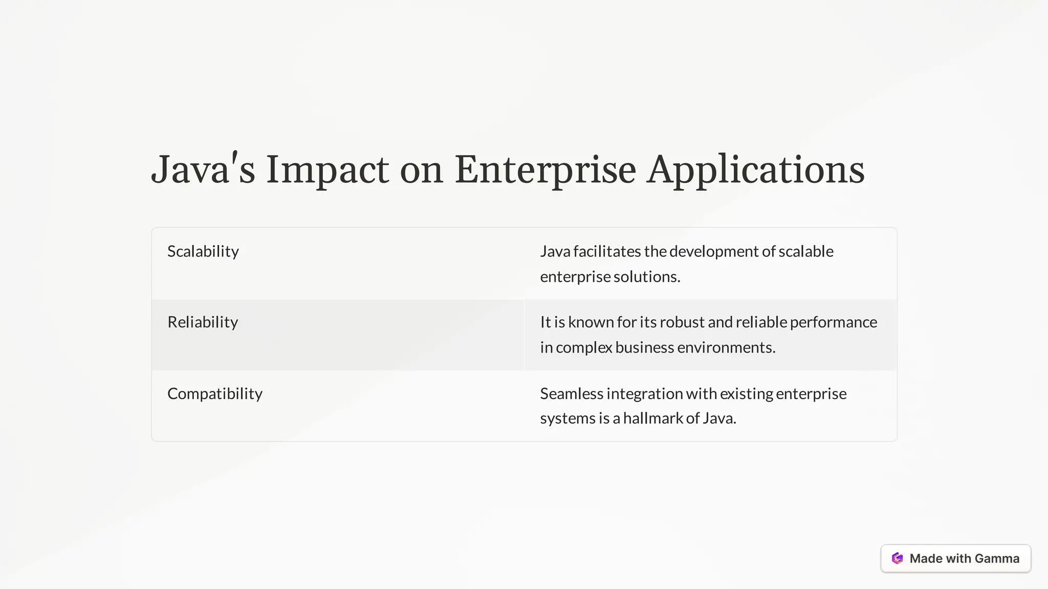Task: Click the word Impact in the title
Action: click(327, 170)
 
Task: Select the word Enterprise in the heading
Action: click(545, 170)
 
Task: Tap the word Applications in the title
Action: click(755, 170)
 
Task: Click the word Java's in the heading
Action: click(203, 170)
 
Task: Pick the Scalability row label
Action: click(203, 251)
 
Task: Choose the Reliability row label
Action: click(203, 322)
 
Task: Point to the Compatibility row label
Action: click(215, 394)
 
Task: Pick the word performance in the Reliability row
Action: click(834, 322)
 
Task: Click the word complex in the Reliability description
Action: click(584, 347)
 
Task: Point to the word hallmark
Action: click(653, 418)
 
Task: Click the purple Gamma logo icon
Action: click(897, 558)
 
